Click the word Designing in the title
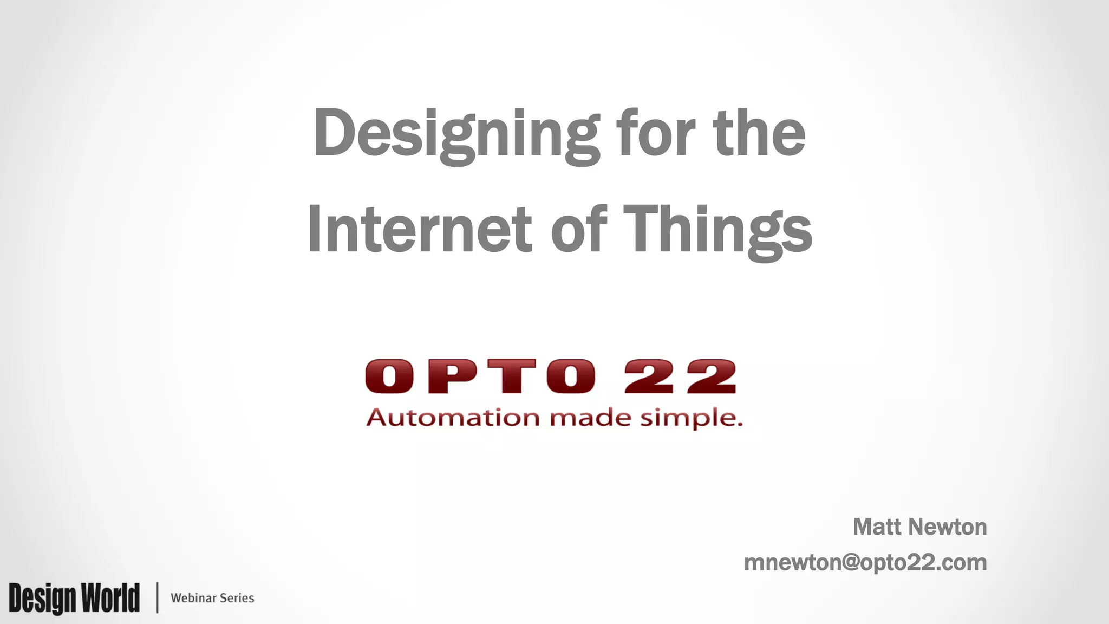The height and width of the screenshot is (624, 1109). tap(456, 134)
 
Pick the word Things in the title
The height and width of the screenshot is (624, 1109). tap(717, 230)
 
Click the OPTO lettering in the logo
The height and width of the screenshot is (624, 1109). tap(480, 376)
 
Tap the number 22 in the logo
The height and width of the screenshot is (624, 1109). tap(681, 376)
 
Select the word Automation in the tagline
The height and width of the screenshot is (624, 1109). tap(453, 418)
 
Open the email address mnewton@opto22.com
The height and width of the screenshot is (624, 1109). tap(865, 563)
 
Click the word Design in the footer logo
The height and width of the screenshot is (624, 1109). tap(42, 599)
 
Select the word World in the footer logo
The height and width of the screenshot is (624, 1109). tap(110, 597)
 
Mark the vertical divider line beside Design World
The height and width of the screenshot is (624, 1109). tap(158, 597)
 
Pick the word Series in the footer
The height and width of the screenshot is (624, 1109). tap(237, 598)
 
